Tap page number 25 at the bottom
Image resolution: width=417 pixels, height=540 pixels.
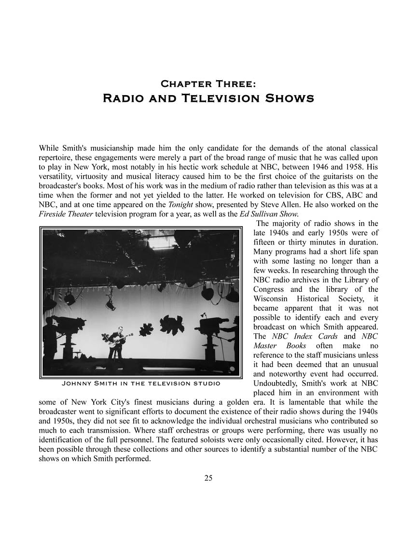[208, 478]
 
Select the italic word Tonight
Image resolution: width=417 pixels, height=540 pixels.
[180, 204]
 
